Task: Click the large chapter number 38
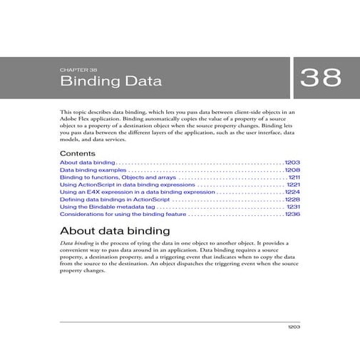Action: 321,78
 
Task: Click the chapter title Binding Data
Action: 110,81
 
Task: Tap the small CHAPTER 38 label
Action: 78,70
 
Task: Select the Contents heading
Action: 77,153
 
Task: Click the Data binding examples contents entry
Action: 93,171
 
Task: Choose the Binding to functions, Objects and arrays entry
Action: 118,179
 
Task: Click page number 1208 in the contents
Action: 292,171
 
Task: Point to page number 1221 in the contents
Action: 292,187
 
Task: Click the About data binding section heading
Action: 115,231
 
